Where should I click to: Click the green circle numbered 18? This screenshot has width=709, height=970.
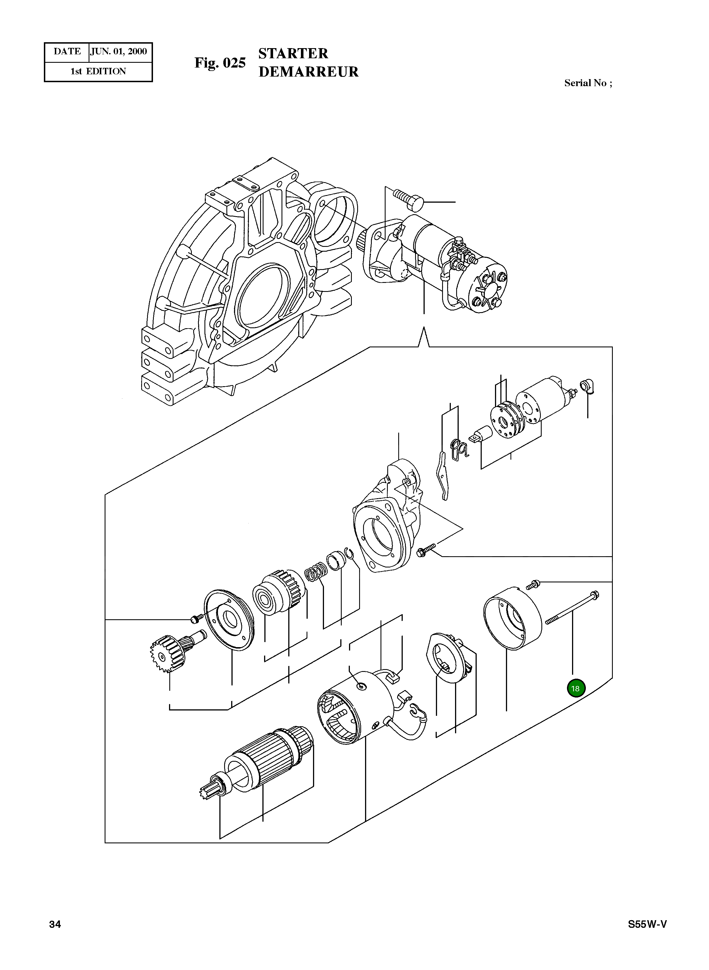click(575, 688)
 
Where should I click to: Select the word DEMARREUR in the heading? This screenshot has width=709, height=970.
click(309, 72)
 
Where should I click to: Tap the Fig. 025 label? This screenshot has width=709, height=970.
click(220, 63)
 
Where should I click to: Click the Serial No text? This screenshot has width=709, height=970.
click(588, 83)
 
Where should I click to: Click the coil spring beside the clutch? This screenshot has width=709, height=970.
click(316, 573)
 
